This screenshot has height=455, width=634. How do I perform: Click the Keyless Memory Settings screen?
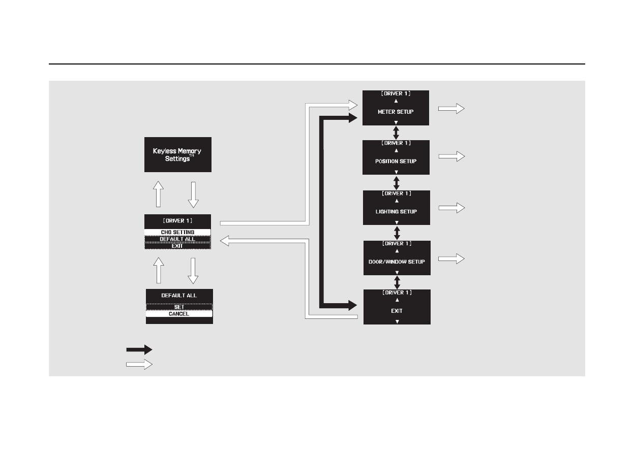[x=177, y=154]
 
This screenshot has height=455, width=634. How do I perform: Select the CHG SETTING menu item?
[x=177, y=232]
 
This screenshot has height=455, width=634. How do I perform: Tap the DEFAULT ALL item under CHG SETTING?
[x=177, y=239]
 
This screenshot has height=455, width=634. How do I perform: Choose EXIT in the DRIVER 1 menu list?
[x=177, y=246]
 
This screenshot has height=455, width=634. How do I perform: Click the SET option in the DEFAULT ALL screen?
[x=179, y=307]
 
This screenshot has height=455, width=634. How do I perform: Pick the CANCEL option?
[x=179, y=314]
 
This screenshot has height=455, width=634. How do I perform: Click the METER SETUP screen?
[x=396, y=108]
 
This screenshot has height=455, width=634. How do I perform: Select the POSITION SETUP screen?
[x=396, y=157]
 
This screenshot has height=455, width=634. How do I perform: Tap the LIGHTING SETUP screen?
[x=396, y=208]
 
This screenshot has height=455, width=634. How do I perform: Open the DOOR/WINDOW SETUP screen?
[x=397, y=258]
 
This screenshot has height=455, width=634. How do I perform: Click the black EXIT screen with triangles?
[x=397, y=307]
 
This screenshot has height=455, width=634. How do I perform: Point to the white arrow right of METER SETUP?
[x=451, y=108]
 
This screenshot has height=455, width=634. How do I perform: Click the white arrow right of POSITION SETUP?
[x=451, y=156]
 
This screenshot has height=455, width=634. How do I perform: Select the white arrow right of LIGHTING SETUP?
[x=451, y=207]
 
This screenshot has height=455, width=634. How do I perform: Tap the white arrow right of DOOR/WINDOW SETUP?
[x=451, y=259]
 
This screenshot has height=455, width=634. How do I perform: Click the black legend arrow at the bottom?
[x=139, y=349]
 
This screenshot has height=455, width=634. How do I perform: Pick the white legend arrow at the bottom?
[x=139, y=364]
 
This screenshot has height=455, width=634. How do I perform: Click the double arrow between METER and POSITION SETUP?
[x=396, y=133]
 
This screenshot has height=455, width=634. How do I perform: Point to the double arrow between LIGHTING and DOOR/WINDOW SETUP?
[x=397, y=233]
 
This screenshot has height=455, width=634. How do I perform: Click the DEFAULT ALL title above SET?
[x=179, y=296]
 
